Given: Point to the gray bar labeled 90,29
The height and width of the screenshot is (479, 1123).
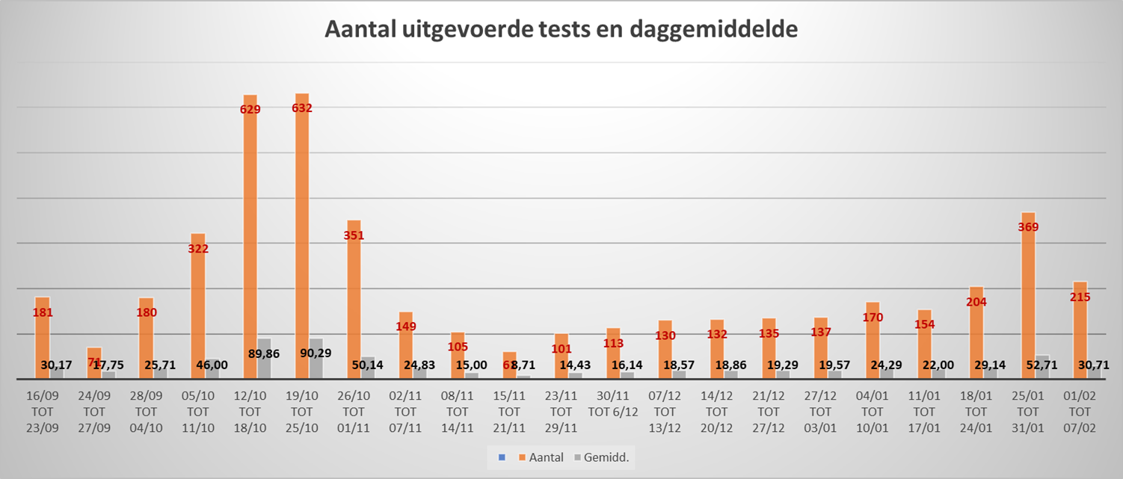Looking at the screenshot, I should (316, 359).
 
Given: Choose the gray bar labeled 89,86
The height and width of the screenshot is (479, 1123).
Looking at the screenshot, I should (264, 359).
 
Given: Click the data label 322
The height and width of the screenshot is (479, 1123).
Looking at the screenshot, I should (198, 249).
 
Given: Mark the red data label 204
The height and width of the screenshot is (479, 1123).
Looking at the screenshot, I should (976, 302).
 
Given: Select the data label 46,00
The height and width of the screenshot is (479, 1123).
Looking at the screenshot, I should (212, 365).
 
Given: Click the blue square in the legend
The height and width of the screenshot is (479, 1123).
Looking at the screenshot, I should (502, 457).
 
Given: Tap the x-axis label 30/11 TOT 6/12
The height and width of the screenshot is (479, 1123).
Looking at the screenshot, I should (613, 404).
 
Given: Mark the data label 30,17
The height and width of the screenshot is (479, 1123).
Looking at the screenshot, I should (56, 365).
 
